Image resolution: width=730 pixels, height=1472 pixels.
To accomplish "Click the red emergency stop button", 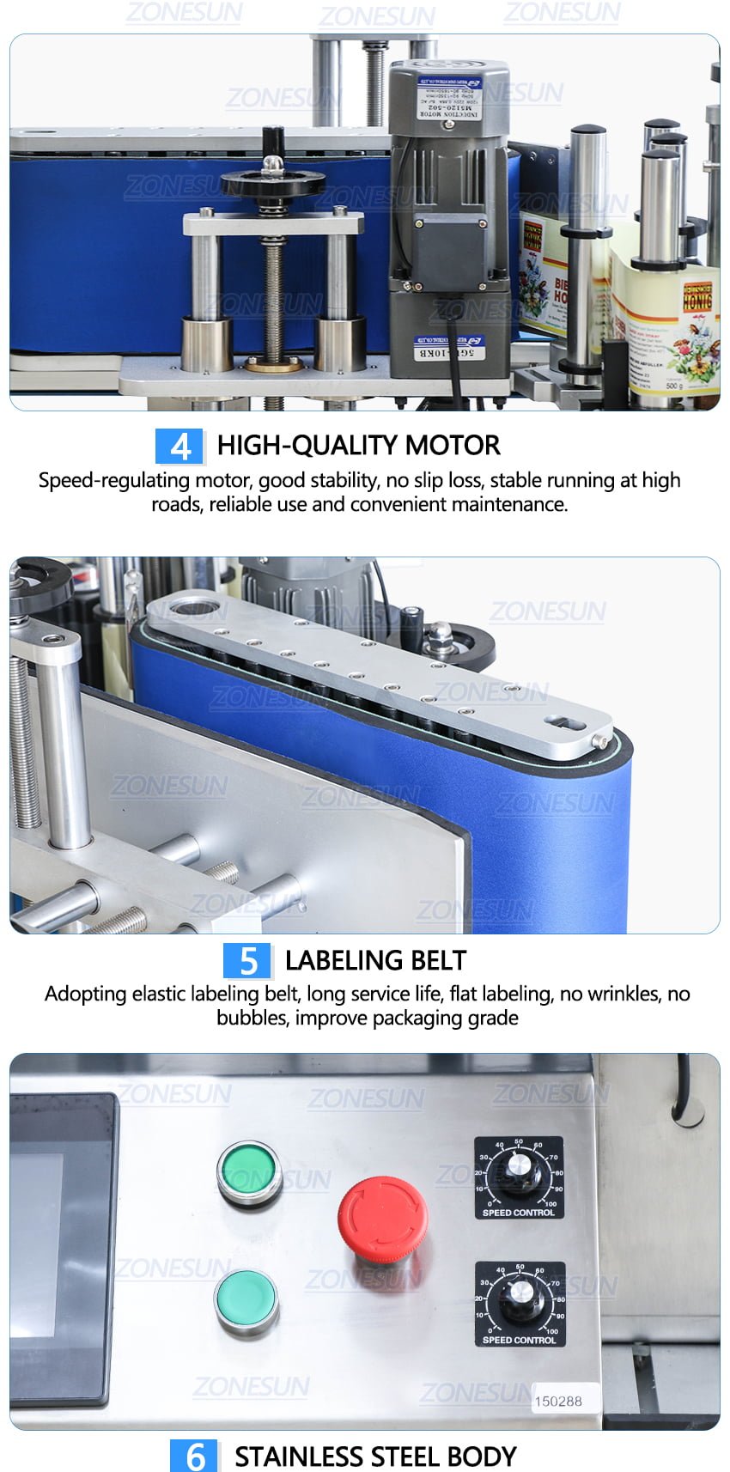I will (382, 1218).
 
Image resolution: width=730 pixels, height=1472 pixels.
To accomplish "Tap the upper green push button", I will (249, 1171).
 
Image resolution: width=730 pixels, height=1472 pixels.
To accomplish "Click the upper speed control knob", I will (519, 1169).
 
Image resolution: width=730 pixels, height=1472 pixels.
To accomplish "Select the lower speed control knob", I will (520, 1296).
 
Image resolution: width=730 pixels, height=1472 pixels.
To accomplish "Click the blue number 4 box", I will (179, 447).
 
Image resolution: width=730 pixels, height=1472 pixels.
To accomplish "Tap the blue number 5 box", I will (247, 961).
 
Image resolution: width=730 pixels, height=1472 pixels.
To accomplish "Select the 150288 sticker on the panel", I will (558, 1401).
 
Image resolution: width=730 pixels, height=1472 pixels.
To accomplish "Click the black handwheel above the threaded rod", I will (272, 181).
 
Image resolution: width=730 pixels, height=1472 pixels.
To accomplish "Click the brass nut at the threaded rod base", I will (274, 364).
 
